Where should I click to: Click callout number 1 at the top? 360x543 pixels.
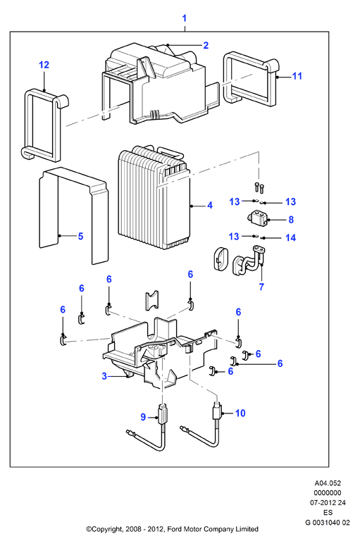click(x=185, y=18)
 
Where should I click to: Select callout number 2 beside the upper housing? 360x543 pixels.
click(x=206, y=45)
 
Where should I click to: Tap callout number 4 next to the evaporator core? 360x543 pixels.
click(x=210, y=206)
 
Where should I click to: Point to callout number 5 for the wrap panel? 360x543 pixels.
click(x=80, y=236)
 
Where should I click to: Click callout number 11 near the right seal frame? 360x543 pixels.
click(x=297, y=76)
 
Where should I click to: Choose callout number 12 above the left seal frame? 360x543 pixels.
click(x=44, y=65)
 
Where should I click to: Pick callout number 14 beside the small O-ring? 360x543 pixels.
click(x=290, y=237)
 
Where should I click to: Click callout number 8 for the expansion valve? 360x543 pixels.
click(x=291, y=220)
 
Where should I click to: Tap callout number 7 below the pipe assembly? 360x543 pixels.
click(x=261, y=287)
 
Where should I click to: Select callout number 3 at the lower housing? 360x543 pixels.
click(x=104, y=376)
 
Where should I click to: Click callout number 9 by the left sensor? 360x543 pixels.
click(x=143, y=417)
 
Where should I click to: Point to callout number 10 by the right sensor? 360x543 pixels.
click(x=240, y=413)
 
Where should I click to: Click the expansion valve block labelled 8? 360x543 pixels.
click(x=258, y=219)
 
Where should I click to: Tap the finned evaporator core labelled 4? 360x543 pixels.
click(x=154, y=201)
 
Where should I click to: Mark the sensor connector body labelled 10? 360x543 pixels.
click(x=216, y=411)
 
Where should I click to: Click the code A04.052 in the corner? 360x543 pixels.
click(x=328, y=483)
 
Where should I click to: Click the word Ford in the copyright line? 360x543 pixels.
click(x=175, y=529)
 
